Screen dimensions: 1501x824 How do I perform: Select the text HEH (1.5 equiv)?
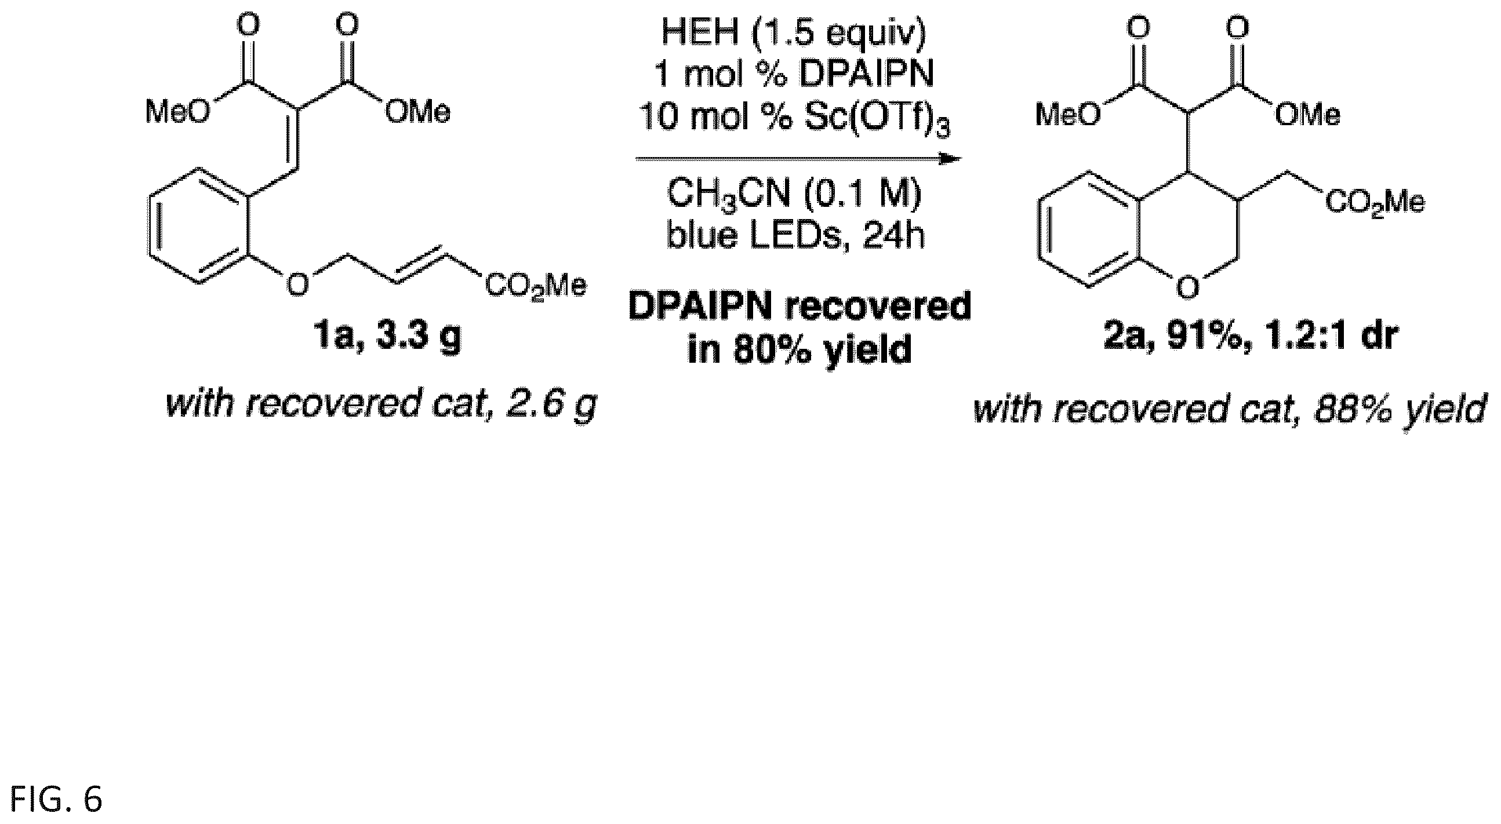(793, 34)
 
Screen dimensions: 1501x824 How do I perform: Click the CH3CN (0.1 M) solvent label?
(794, 195)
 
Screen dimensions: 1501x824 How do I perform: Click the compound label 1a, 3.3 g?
(386, 337)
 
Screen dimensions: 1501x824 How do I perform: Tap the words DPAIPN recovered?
(799, 307)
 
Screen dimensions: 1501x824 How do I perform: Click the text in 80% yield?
(799, 349)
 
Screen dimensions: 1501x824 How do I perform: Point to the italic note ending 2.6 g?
(381, 404)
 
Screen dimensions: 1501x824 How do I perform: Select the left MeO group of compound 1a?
(178, 111)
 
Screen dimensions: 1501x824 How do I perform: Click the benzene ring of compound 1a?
(201, 227)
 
